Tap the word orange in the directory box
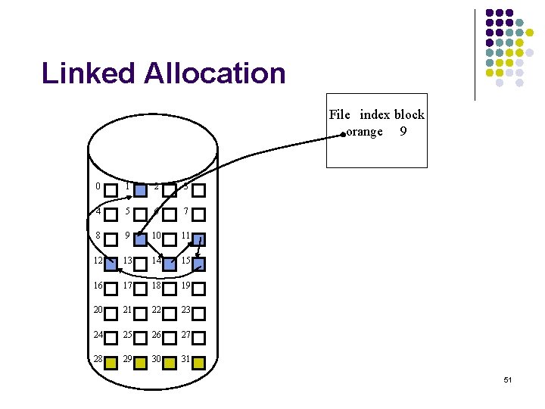[365, 131]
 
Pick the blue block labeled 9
[140, 239]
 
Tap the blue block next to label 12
[111, 264]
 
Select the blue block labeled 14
[169, 264]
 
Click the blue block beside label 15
[198, 264]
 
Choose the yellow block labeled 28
[111, 363]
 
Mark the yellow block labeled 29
[140, 363]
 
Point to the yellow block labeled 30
[169, 363]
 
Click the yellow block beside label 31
[198, 363]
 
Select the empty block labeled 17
[140, 289]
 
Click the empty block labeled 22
[169, 314]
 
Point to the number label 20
[98, 310]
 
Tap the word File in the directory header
[339, 115]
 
